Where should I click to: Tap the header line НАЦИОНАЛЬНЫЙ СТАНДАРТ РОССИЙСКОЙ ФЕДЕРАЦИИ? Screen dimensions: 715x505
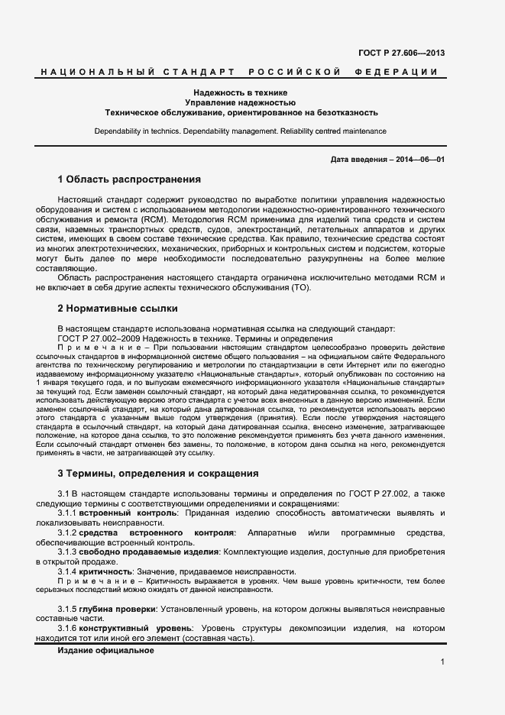[238, 72]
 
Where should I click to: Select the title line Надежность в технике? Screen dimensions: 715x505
[241, 92]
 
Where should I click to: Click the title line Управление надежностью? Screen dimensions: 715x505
[241, 102]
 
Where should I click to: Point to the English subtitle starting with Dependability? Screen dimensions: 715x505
[241, 131]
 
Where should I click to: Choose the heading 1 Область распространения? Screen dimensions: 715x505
[129, 180]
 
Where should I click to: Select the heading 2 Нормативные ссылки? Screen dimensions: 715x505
[118, 309]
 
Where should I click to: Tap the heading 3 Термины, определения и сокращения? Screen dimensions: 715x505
[158, 474]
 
